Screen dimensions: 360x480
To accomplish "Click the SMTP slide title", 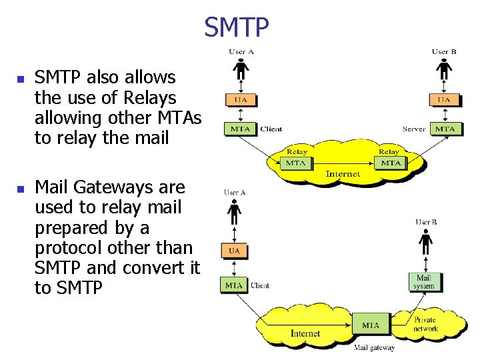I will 237,27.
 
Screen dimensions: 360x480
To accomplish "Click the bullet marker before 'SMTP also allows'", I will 19,79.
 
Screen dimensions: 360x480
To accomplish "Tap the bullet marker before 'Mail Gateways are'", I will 19,189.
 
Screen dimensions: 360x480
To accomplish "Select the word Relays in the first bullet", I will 150,98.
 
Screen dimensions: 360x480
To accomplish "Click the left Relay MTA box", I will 295,163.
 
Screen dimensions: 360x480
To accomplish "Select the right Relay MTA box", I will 391,163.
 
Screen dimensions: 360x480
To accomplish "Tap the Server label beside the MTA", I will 415,129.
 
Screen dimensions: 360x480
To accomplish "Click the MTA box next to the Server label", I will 445,129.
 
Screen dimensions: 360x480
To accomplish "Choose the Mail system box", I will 425,282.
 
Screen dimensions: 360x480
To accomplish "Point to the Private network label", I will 425,325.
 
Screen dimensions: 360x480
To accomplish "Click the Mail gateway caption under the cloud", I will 374,347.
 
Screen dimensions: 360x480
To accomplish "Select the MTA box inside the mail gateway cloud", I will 371,325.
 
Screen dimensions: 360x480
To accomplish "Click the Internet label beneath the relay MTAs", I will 343,174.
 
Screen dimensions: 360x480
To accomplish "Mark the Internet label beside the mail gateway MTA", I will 305,333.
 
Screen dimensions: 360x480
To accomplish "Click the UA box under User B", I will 445,100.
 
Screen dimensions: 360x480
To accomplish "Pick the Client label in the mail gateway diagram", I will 260,285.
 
